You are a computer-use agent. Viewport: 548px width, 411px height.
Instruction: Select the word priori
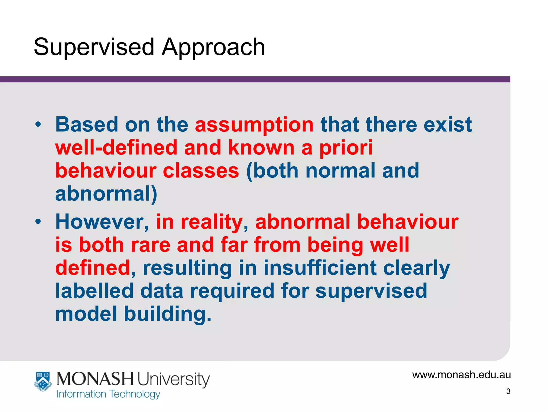coord(346,148)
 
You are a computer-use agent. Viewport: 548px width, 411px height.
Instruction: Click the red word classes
coord(201,171)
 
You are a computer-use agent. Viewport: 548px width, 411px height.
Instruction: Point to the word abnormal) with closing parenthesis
coord(106,194)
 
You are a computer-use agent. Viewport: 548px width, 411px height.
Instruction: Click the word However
coord(102,222)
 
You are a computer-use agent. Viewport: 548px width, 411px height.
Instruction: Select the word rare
coord(150,245)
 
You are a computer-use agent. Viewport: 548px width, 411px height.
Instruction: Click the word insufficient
coord(320,268)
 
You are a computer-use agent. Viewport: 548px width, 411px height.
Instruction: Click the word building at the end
coord(168,314)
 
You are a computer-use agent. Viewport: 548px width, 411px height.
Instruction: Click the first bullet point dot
coord(38,124)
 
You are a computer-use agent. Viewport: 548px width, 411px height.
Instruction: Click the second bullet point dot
coord(38,222)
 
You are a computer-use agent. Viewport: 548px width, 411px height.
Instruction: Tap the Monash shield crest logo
coord(43,382)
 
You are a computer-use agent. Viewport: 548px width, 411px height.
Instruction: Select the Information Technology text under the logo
coord(108,394)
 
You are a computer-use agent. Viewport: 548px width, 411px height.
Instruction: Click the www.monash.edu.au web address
coord(461,375)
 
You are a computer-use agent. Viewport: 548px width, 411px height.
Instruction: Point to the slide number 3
coord(508,391)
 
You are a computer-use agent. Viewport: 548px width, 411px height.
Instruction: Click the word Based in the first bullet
coord(87,125)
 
